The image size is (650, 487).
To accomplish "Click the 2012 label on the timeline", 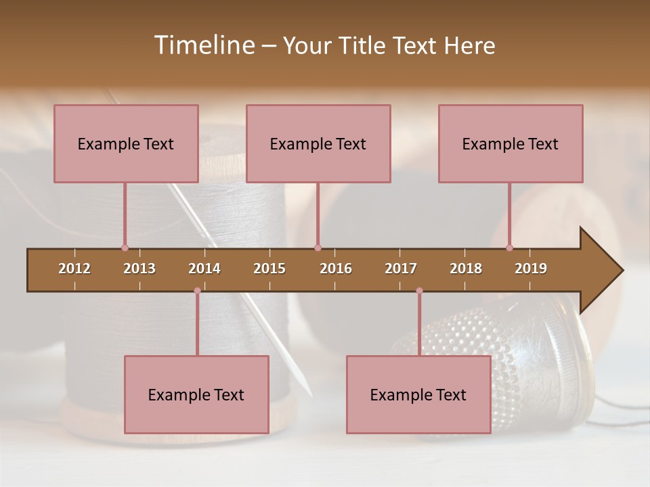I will pos(74,269).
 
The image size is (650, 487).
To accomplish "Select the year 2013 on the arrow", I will pos(139,269).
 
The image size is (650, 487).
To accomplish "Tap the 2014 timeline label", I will pos(204,269).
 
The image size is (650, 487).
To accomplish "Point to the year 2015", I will pos(269,269).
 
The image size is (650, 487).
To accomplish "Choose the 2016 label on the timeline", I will pos(336,269).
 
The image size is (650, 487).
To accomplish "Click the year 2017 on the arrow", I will pos(401,269).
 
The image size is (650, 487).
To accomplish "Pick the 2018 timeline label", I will pos(466,269).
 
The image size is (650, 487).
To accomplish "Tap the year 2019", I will pos(531,269).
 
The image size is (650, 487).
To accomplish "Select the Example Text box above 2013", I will pos(126,143).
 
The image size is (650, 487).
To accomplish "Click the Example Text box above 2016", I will pos(318,143).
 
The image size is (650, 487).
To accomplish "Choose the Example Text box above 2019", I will pos(511,143).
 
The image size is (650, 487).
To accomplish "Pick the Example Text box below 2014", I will pos(196,394).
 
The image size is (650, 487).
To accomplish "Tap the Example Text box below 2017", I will pos(418,394).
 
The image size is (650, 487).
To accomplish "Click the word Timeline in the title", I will pos(203,45).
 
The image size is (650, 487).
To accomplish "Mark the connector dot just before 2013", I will pos(125,248).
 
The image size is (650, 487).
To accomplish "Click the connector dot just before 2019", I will pos(510,248).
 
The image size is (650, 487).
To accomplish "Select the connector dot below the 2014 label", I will pos(197,291).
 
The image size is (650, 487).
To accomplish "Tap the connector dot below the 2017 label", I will pos(419,291).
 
